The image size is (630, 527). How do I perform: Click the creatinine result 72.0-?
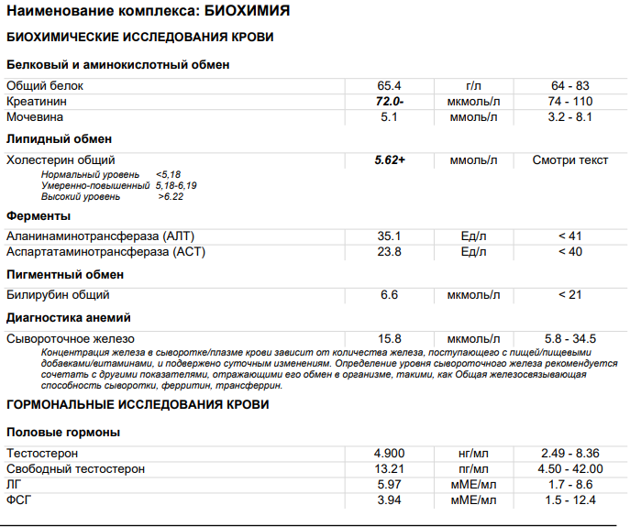(x=390, y=101)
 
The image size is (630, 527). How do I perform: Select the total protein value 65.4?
(x=390, y=85)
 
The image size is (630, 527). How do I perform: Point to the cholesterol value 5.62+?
(x=390, y=159)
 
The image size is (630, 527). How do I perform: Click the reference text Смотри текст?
(x=570, y=159)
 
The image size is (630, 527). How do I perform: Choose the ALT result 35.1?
(x=390, y=236)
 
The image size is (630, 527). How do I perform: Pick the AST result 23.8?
(x=390, y=251)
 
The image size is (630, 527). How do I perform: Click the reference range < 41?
(x=570, y=236)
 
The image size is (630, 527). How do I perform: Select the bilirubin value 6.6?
(x=390, y=294)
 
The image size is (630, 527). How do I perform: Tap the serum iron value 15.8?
(x=390, y=338)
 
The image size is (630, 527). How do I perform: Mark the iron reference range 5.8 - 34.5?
(x=570, y=338)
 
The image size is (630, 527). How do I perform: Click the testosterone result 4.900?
(x=390, y=453)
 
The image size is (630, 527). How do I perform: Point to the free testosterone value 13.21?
(x=390, y=468)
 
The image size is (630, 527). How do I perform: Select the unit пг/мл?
(x=473, y=468)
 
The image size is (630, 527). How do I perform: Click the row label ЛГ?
(x=14, y=484)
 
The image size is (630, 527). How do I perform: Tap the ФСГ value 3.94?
(x=390, y=500)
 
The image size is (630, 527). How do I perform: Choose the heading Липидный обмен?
(x=59, y=138)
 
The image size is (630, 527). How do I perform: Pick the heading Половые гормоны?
(x=63, y=432)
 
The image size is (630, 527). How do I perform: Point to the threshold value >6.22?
(x=171, y=196)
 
